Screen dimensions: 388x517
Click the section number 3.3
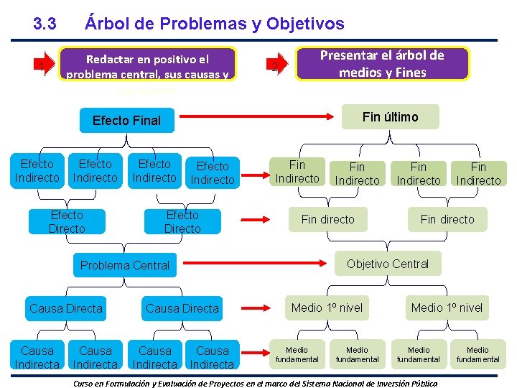[45, 24]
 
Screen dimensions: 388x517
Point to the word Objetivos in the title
[305, 24]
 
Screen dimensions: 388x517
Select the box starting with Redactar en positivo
[147, 67]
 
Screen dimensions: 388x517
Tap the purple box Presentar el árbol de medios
[382, 63]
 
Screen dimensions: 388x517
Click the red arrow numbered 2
[278, 65]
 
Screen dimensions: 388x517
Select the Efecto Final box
[127, 120]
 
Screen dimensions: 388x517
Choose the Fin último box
[390, 117]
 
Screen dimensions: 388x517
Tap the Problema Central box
[125, 265]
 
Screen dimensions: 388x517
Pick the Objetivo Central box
[388, 264]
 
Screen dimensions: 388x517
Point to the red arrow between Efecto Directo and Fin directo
[260, 218]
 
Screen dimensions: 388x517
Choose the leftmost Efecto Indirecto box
[37, 171]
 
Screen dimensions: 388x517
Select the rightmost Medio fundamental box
[478, 354]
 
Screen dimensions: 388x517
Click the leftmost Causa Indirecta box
[37, 357]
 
